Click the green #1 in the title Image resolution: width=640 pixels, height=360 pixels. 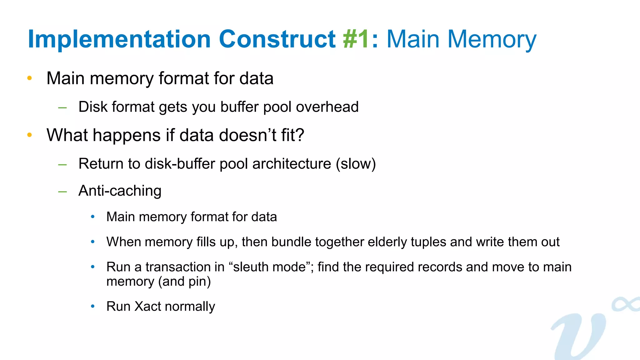356,39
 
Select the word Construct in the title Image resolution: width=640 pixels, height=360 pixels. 277,39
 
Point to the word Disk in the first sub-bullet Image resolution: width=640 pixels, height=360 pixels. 93,107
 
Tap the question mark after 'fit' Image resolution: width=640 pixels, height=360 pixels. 300,135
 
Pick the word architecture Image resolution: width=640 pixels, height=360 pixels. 292,164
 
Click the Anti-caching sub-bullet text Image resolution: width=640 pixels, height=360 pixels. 120,191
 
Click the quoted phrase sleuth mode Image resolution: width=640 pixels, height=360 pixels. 269,267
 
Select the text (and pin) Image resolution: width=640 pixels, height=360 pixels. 184,282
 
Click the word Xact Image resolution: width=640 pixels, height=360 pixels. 147,306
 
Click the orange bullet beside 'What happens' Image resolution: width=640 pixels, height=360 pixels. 30,135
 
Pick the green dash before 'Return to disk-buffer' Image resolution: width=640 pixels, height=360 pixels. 62,164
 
